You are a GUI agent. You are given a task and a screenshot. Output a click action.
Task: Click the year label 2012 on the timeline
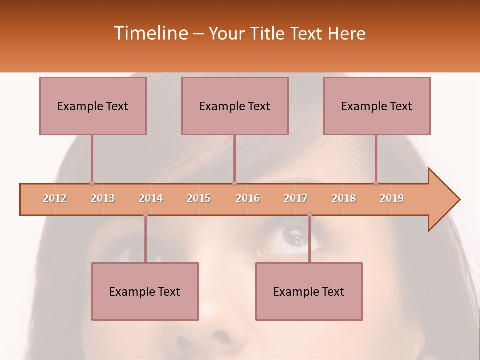click(55, 198)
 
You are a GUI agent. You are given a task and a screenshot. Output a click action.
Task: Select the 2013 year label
click(103, 198)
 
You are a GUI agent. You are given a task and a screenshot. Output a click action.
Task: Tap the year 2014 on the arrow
click(151, 198)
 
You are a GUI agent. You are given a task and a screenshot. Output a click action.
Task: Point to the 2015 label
click(199, 198)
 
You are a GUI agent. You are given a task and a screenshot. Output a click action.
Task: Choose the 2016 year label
click(248, 198)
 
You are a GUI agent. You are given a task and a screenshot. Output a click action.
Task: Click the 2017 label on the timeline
click(296, 198)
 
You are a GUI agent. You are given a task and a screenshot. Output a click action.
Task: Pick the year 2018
click(344, 198)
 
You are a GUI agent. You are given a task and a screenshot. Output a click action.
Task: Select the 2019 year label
click(392, 198)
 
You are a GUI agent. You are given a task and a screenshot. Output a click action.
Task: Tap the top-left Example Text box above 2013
click(93, 106)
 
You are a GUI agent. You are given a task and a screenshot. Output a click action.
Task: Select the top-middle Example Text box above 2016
click(235, 106)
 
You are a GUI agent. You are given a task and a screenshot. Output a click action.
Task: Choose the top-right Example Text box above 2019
click(377, 106)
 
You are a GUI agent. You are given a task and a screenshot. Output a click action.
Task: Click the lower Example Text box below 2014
click(145, 291)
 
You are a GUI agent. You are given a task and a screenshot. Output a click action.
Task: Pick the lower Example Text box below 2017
click(309, 291)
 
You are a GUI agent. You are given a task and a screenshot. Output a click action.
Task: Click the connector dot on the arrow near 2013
click(92, 183)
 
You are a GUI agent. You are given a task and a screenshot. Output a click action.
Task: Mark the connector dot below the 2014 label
click(145, 215)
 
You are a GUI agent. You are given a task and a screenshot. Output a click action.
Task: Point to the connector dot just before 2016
click(234, 183)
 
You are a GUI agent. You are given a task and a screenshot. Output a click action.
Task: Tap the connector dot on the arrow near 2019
click(376, 183)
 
